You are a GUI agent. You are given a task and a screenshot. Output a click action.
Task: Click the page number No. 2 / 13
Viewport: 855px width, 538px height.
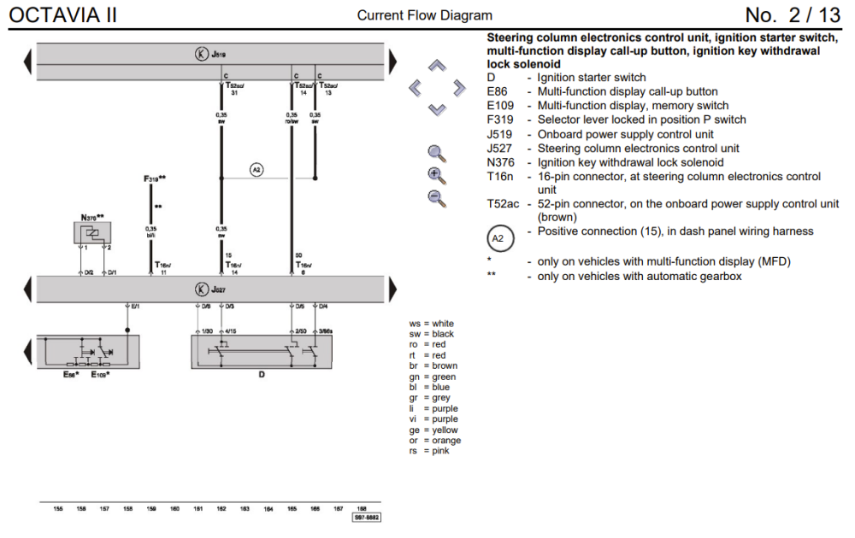point(793,15)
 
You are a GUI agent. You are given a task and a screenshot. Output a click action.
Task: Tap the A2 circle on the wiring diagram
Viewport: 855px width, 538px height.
point(256,170)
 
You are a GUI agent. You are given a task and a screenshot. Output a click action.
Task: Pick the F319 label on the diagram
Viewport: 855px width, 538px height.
point(154,178)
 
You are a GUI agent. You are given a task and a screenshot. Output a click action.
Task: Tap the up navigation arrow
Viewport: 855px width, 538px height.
point(437,65)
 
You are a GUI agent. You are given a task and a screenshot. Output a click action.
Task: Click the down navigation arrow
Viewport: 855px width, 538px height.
point(437,109)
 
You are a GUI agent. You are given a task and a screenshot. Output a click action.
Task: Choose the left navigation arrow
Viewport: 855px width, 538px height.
point(415,87)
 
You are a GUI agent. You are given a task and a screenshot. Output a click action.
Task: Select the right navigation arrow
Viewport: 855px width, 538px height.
point(459,87)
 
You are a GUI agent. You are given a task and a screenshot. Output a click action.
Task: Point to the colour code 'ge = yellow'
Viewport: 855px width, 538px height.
point(433,430)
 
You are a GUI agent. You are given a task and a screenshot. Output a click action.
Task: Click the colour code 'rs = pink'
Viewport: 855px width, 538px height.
point(429,451)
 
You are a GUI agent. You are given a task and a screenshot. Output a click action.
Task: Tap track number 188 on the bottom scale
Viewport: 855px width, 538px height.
point(362,509)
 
